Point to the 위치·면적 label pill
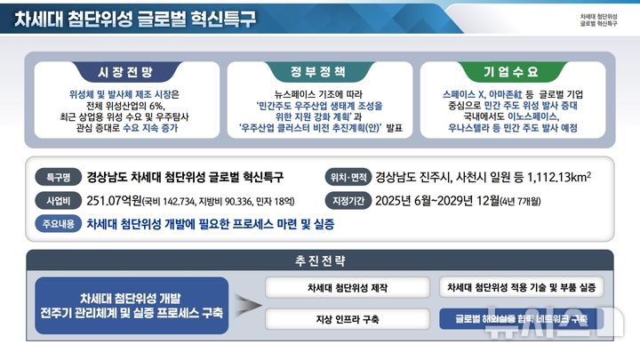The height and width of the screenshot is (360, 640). tap(348, 176)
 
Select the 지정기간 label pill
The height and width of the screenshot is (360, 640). tap(348, 200)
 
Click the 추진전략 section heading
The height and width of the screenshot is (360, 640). tap(320, 260)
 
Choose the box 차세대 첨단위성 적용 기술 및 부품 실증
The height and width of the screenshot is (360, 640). tap(521, 287)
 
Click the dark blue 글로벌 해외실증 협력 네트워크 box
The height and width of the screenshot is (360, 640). tap(521, 317)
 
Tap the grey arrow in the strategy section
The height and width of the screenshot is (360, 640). tap(248, 302)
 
